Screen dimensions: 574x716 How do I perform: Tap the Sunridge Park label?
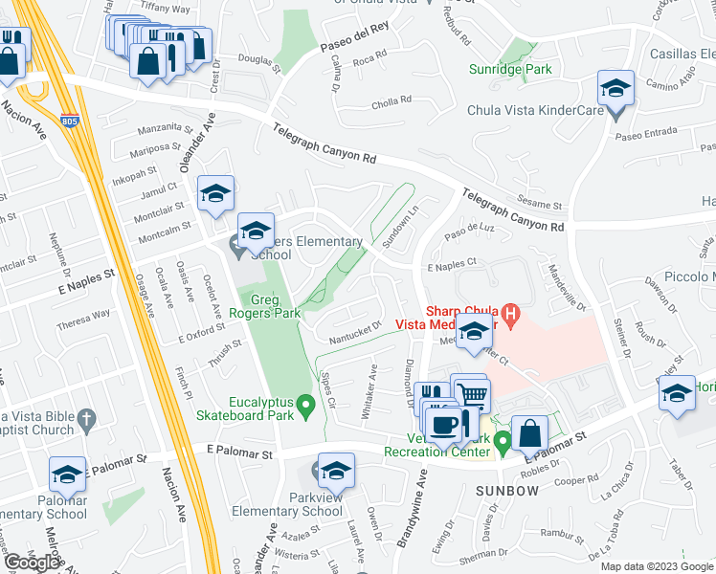(x=511, y=69)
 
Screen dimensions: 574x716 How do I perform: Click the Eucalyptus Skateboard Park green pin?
(x=306, y=408)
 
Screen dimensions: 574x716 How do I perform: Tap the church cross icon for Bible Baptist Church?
(x=86, y=418)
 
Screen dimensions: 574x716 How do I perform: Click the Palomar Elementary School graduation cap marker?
(x=67, y=473)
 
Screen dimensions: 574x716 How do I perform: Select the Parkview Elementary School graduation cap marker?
(x=336, y=470)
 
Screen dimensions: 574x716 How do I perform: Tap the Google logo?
(x=33, y=563)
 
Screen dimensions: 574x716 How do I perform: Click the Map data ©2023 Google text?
(x=657, y=566)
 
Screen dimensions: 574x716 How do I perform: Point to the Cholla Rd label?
(x=391, y=99)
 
